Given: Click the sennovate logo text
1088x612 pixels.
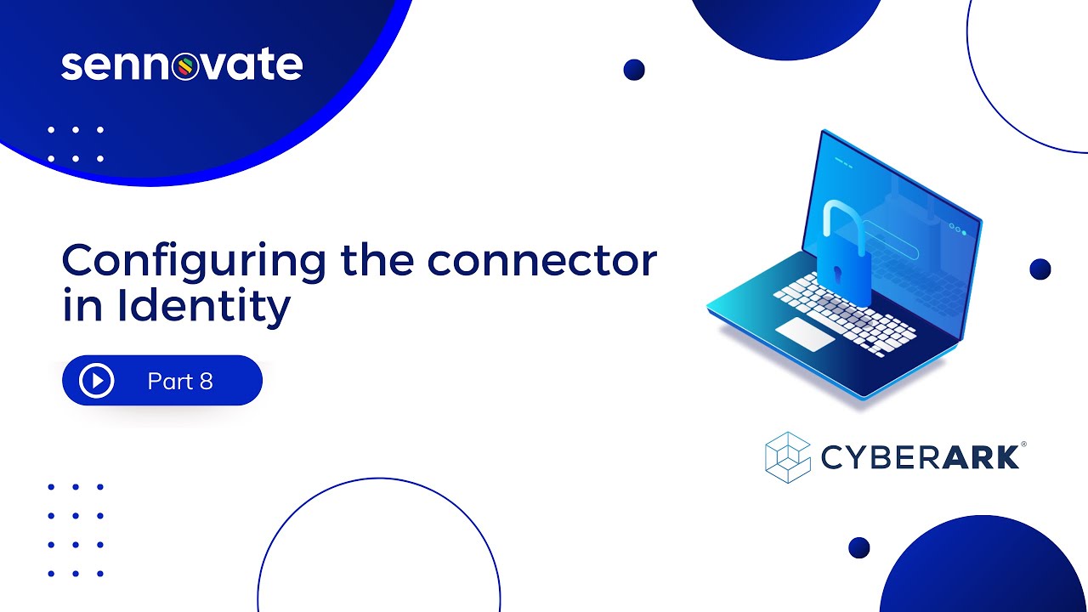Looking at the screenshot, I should (x=181, y=66).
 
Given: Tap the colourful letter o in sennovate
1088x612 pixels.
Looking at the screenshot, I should (x=184, y=68).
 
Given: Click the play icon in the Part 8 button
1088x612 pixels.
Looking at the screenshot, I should (x=97, y=381).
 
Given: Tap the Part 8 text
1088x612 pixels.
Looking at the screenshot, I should (x=179, y=382).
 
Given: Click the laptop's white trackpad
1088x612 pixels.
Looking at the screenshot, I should (x=806, y=334).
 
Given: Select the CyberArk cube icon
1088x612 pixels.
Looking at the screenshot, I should (x=788, y=456).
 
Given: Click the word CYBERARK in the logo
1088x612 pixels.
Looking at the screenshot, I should (x=921, y=457).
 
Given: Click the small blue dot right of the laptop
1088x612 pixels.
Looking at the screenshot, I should (x=1040, y=269).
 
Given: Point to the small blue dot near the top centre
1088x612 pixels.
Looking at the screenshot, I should (x=634, y=70).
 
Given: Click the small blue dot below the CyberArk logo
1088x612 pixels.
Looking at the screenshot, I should (x=859, y=547).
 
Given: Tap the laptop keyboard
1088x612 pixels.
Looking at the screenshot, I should (x=846, y=315).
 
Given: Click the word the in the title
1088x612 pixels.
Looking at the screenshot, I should (x=377, y=261).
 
